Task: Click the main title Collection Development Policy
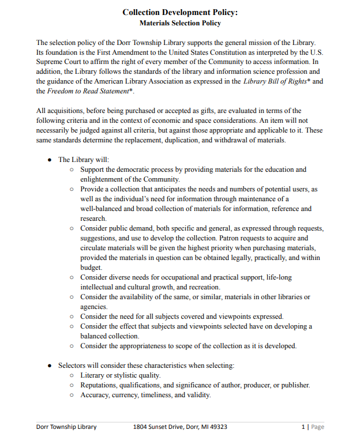(x=180, y=12)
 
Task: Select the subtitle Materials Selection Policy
(x=180, y=23)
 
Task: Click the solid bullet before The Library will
(x=50, y=160)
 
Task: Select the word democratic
(x=131, y=169)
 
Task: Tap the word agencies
(x=93, y=307)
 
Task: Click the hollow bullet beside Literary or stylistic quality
(x=72, y=375)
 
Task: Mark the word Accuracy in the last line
(x=95, y=395)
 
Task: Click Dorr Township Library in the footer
(x=66, y=427)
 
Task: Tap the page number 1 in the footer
(x=303, y=427)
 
